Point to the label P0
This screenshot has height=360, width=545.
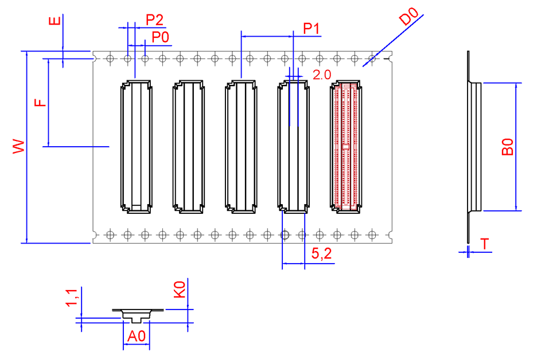coord(160,38)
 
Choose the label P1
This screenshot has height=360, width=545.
coord(312,28)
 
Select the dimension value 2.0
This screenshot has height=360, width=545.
coord(322,75)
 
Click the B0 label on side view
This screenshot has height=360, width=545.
coord(507,146)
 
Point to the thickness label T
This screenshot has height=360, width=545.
coord(485,245)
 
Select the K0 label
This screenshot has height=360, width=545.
coord(179,289)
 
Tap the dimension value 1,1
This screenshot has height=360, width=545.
coord(72,298)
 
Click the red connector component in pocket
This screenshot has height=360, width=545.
coord(346,147)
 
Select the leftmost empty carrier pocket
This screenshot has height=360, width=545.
coord(136,147)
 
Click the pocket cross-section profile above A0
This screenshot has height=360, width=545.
coord(136,315)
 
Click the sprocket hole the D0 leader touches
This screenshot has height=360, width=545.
coord(372,58)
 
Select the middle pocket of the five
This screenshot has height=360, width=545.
coord(241,147)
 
